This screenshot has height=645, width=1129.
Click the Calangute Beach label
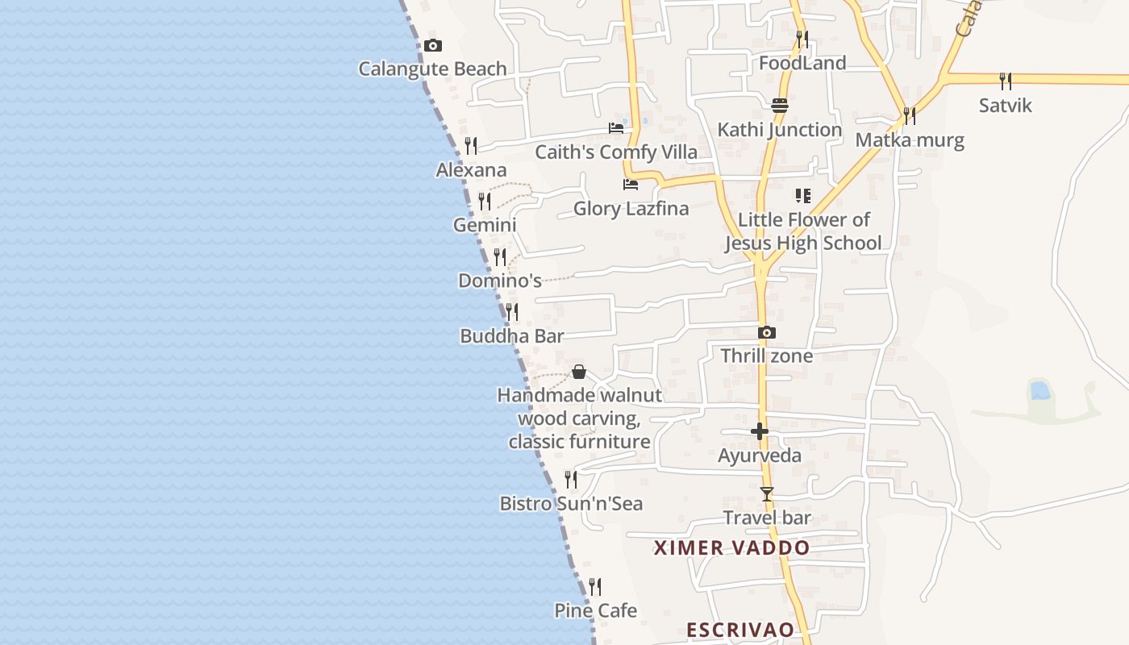(x=432, y=69)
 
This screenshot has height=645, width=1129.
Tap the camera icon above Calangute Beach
(x=433, y=46)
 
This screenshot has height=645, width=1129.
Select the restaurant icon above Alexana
(x=471, y=146)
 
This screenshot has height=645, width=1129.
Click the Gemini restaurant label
(x=485, y=225)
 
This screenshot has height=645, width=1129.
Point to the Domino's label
(x=500, y=281)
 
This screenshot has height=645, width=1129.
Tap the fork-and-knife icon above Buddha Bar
(x=512, y=312)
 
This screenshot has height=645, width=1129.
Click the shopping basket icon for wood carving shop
(x=579, y=372)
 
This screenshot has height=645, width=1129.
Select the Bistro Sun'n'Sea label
(x=571, y=504)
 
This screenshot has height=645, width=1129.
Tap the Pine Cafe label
(x=595, y=610)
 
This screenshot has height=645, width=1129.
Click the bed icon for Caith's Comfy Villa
(x=616, y=128)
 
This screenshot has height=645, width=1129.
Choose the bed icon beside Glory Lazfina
(x=631, y=185)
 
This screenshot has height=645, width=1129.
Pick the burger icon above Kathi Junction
(x=779, y=106)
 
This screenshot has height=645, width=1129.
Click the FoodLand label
(x=802, y=63)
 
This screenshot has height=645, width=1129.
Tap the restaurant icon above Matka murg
(x=910, y=116)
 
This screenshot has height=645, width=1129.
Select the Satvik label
(x=1005, y=106)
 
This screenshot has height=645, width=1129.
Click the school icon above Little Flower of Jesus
(x=802, y=196)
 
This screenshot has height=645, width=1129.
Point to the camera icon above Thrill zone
(x=767, y=332)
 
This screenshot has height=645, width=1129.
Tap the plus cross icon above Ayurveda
(x=760, y=432)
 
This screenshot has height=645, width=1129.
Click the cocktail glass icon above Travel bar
(x=767, y=494)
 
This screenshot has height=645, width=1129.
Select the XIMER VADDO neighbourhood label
(x=731, y=548)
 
